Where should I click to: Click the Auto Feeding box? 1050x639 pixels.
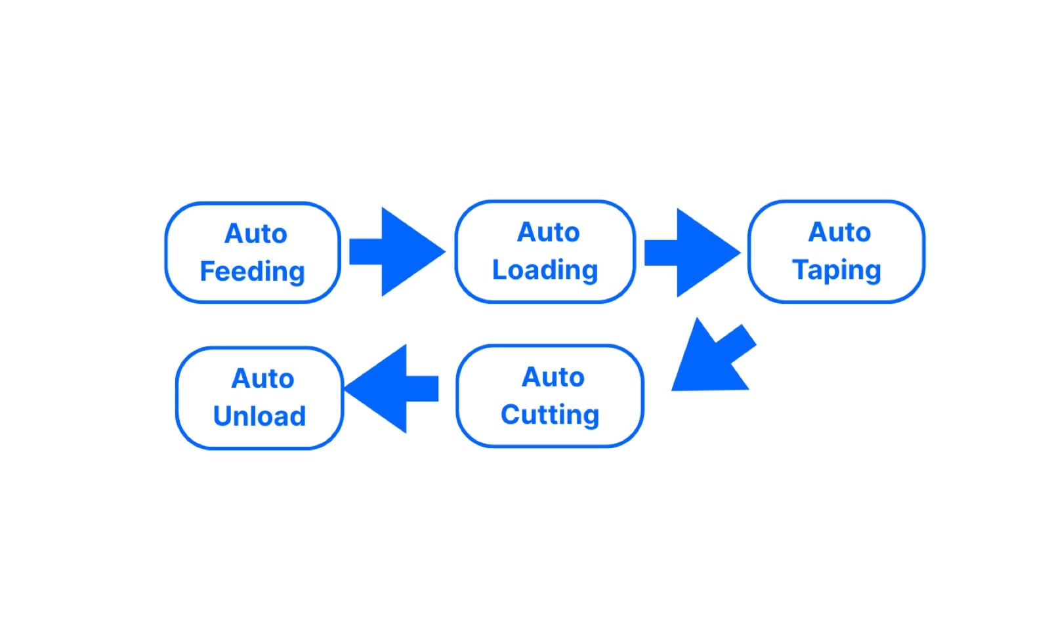coord(253,253)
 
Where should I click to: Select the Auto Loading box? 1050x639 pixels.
coord(545,251)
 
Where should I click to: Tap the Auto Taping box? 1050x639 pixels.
coord(837,251)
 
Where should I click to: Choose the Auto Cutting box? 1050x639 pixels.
coord(550,396)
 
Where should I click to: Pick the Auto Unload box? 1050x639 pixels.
coord(260,398)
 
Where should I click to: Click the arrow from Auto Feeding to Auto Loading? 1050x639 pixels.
coord(398,251)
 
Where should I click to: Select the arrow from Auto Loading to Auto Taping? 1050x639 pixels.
coord(693,253)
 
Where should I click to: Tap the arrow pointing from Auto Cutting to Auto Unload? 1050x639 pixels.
coord(391,388)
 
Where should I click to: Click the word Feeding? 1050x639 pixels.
coord(253,272)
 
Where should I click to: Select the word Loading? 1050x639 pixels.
coord(545,271)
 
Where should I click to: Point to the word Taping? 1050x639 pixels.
coord(837,271)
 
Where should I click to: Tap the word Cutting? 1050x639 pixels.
coord(550,415)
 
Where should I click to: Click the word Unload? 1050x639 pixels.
coord(260,416)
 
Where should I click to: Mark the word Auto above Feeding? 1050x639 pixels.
coord(256,234)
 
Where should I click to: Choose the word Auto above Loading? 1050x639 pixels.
coord(549,232)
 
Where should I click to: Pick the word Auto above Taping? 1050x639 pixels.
coord(839,232)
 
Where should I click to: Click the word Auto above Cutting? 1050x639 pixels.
coord(553,377)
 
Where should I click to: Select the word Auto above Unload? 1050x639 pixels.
coord(262,378)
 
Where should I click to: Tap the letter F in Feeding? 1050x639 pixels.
coord(207,271)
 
